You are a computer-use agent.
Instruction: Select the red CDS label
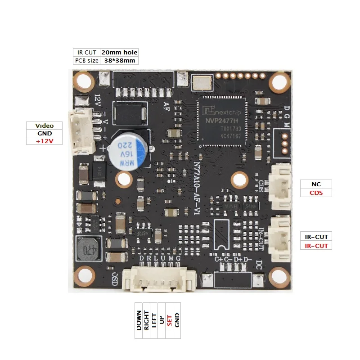point(315,193)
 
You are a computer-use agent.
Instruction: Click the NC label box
point(315,184)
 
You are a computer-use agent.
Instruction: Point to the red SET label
point(169,320)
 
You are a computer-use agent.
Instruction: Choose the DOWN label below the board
point(139,320)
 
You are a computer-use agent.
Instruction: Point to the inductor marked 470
point(88,249)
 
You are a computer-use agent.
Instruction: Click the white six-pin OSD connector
point(161,279)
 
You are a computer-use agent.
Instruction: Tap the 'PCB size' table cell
point(87,61)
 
